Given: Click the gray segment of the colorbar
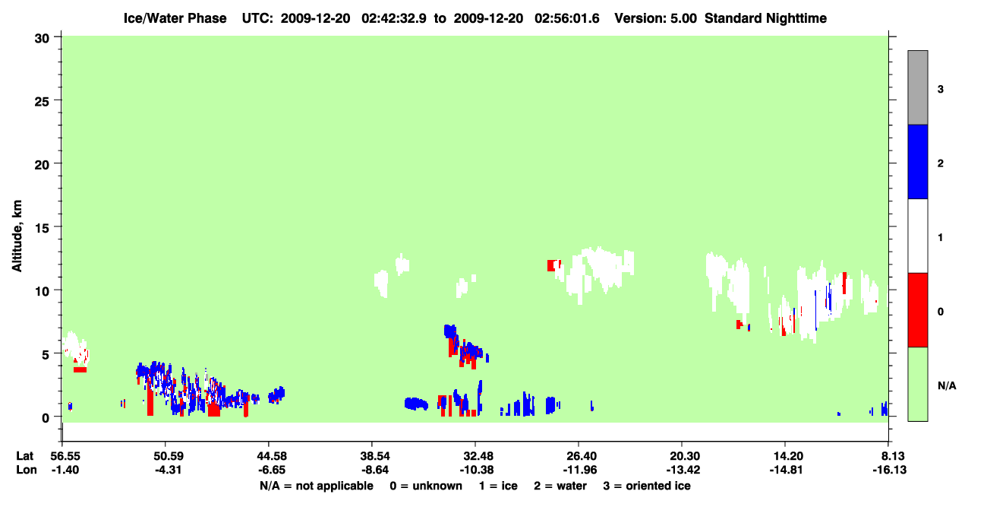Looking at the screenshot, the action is click(x=917, y=87).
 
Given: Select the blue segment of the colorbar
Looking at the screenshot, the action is click(x=917, y=161).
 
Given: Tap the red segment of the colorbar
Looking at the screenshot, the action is click(x=917, y=310).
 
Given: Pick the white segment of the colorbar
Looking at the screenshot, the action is click(x=917, y=236).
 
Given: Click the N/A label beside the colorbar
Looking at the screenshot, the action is click(x=947, y=385).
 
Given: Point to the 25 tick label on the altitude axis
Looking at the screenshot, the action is click(x=42, y=102).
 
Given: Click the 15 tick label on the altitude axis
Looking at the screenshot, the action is click(x=42, y=228).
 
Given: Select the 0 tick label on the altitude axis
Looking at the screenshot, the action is click(x=46, y=418).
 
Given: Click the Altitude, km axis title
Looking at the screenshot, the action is click(x=17, y=236).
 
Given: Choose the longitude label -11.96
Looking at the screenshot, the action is click(x=580, y=470).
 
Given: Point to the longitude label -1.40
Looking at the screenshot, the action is click(x=65, y=470).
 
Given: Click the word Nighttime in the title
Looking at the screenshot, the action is click(x=796, y=18).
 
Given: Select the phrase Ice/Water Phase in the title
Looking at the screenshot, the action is click(x=175, y=18).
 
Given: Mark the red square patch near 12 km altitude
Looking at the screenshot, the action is click(x=551, y=265).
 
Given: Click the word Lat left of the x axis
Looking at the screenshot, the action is click(x=25, y=456).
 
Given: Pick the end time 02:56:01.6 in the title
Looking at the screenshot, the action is click(x=567, y=18).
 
